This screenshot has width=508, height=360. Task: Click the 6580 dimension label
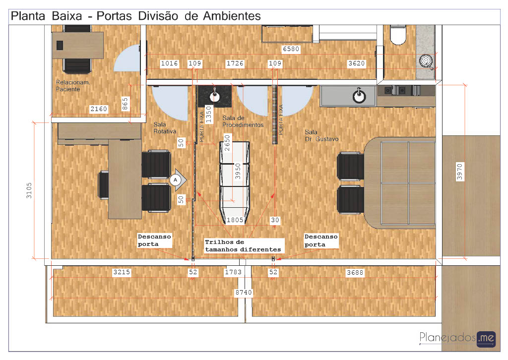click(x=291, y=49)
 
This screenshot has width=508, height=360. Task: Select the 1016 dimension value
click(x=170, y=63)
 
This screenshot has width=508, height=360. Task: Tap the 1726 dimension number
click(x=235, y=63)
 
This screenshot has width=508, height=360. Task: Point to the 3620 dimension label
click(x=356, y=63)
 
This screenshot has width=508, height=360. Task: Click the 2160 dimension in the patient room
click(x=99, y=109)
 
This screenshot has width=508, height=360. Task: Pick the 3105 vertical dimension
click(x=29, y=190)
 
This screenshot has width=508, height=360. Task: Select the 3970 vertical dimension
click(x=460, y=172)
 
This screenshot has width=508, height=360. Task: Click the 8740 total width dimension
click(x=244, y=293)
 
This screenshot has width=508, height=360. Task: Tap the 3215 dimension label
click(x=122, y=272)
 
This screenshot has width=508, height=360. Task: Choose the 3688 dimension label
click(x=355, y=273)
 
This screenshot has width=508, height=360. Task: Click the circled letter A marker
click(x=175, y=180)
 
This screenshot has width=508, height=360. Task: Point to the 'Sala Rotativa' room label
click(x=165, y=128)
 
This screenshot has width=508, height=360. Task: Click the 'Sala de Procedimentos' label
click(x=243, y=121)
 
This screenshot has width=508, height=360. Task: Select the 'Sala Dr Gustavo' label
click(x=321, y=136)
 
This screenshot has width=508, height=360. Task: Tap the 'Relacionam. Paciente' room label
click(x=73, y=86)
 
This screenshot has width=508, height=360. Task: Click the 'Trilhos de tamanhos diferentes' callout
click(x=243, y=246)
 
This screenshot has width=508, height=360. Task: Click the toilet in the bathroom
click(x=398, y=35)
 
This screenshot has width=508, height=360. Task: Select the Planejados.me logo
click(x=457, y=339)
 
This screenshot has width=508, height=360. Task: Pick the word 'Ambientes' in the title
click(x=232, y=16)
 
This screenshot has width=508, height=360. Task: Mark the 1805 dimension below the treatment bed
click(x=235, y=220)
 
